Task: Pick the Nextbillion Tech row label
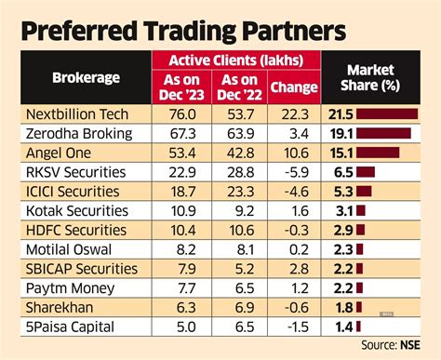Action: click(74, 113)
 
